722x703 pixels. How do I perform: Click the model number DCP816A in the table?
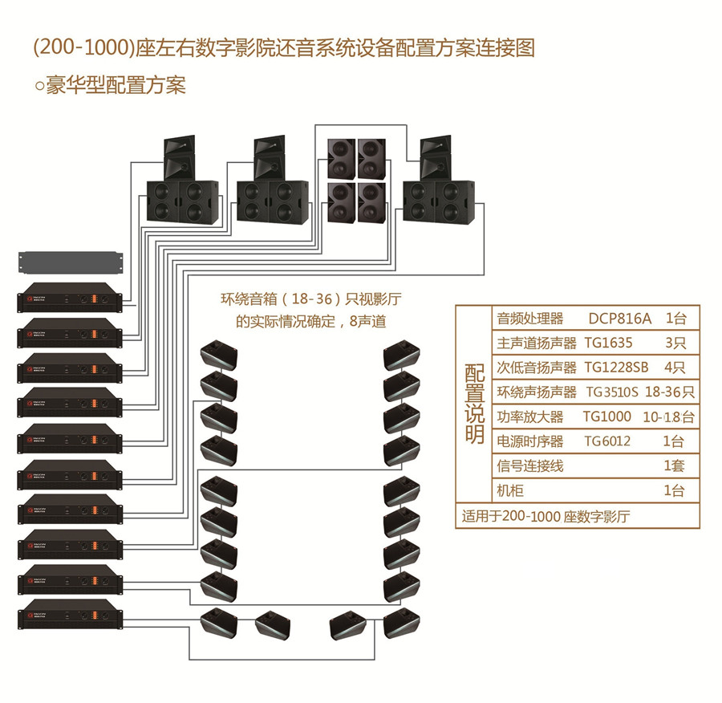point(621,318)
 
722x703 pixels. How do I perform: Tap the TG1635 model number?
point(608,343)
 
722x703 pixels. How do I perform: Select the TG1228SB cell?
point(616,368)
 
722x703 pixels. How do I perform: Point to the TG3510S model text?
point(612,392)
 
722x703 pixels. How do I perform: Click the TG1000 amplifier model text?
point(606,417)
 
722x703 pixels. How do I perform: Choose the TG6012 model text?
point(607,441)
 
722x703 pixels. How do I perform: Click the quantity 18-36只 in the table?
point(669,392)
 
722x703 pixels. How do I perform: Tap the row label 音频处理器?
point(530,318)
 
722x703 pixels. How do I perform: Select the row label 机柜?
point(510,490)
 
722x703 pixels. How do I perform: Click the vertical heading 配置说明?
point(474,404)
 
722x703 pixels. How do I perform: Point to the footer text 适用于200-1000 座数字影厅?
point(546,516)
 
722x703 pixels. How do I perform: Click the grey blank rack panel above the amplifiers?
point(71,262)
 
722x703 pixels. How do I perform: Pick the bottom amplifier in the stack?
point(71,619)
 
